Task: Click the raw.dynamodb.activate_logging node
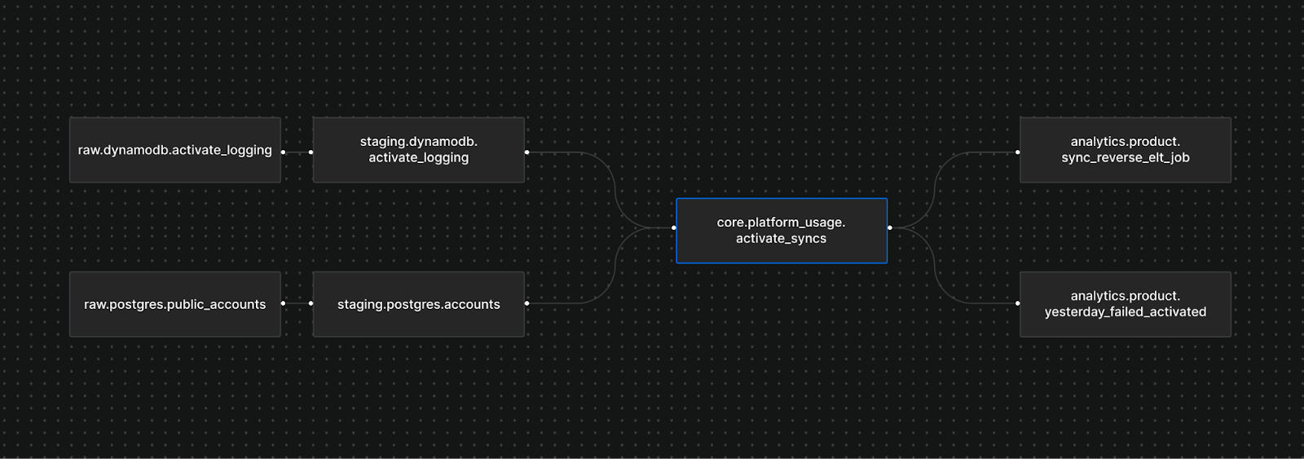pos(174,150)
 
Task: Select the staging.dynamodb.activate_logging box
pos(418,150)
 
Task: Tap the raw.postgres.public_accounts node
pos(174,304)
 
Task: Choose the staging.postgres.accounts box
pos(418,304)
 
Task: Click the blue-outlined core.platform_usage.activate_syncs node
pos(781,231)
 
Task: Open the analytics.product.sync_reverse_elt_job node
pos(1125,150)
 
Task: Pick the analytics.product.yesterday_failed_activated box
pos(1125,304)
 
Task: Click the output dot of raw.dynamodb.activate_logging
pos(283,152)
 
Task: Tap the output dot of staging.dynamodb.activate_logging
pos(526,152)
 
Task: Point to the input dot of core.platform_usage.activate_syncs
pos(674,227)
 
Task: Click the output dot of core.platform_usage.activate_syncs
pos(889,227)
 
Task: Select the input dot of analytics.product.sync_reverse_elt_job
pos(1017,152)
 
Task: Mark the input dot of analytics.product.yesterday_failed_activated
pos(1017,303)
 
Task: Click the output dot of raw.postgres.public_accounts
pos(283,303)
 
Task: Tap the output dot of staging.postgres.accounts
pos(526,303)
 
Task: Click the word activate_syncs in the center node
pos(781,239)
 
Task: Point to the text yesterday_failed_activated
pos(1125,312)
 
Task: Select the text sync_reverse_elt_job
pos(1125,158)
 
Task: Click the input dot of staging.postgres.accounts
pos(311,303)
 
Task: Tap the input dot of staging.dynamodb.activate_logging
pos(311,152)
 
